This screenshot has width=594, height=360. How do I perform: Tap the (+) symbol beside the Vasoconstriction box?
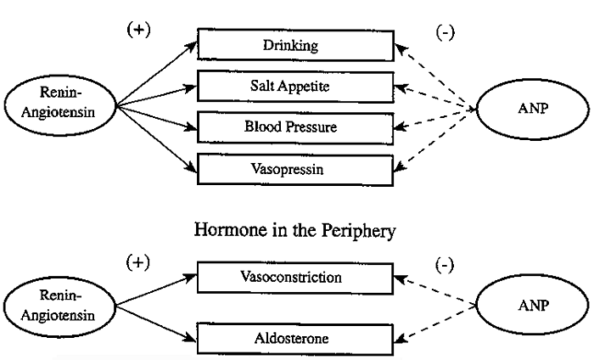pos(138,262)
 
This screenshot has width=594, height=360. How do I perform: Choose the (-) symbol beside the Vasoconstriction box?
pos(444,265)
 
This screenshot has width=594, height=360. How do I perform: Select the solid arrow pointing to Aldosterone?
pos(157,323)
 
